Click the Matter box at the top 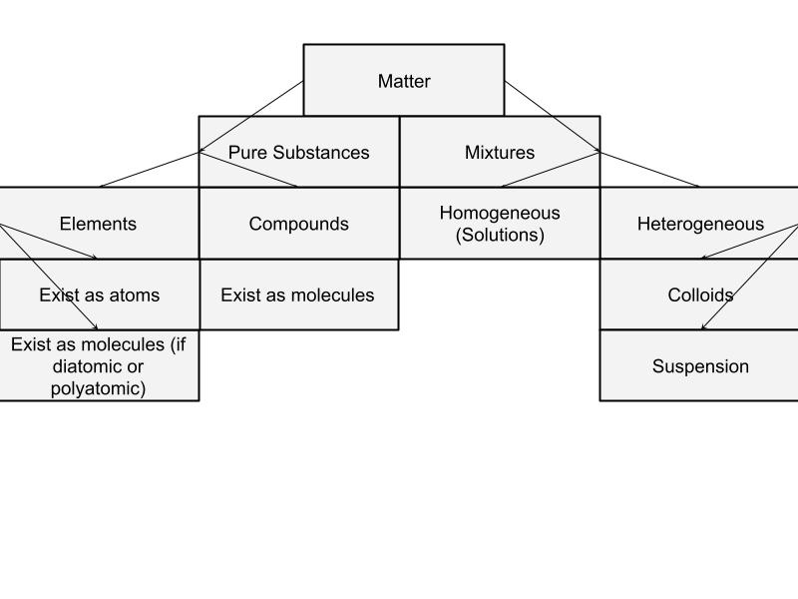(404, 81)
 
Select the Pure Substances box (299, 153)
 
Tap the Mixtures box (500, 153)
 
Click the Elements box (98, 224)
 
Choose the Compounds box (299, 224)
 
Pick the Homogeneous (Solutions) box (500, 224)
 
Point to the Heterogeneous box (700, 224)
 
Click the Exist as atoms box (99, 295)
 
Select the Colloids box (700, 295)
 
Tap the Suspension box (700, 366)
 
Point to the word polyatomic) (98, 388)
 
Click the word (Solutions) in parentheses (500, 236)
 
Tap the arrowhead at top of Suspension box (703, 327)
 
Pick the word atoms (136, 295)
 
